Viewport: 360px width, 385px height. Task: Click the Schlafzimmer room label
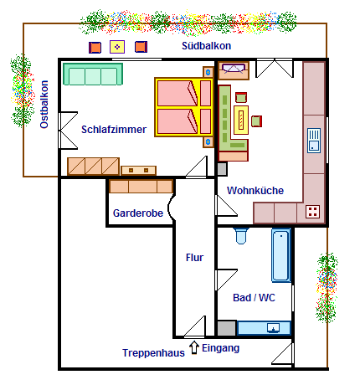(x=114, y=130)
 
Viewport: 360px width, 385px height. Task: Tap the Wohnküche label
(x=255, y=191)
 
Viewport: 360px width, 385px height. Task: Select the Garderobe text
(x=138, y=213)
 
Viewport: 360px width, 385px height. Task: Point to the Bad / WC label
(x=254, y=298)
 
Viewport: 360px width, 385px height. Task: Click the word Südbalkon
(x=207, y=46)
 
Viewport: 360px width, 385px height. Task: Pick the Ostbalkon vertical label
(x=44, y=105)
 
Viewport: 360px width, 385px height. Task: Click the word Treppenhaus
(x=153, y=353)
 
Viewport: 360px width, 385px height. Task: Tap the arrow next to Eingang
(x=194, y=347)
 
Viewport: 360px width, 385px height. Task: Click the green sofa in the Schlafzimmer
(x=93, y=74)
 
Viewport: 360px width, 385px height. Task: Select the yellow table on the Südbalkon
(x=117, y=47)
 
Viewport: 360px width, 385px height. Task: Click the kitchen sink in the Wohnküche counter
(x=314, y=141)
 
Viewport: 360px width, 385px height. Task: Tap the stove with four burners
(x=313, y=212)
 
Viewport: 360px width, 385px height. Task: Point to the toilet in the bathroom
(x=241, y=236)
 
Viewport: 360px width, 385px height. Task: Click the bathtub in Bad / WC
(x=281, y=255)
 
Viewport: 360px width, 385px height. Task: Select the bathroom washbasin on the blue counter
(x=274, y=328)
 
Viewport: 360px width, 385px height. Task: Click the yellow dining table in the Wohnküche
(x=241, y=120)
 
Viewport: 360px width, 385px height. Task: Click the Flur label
(x=194, y=257)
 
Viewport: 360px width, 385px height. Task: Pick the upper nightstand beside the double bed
(x=208, y=72)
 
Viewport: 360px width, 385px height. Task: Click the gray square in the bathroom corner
(x=227, y=328)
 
